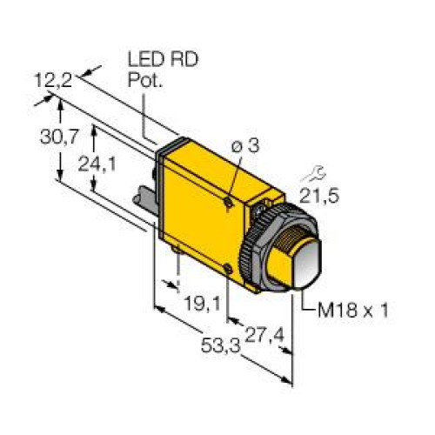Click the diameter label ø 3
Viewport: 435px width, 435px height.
point(246,149)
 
